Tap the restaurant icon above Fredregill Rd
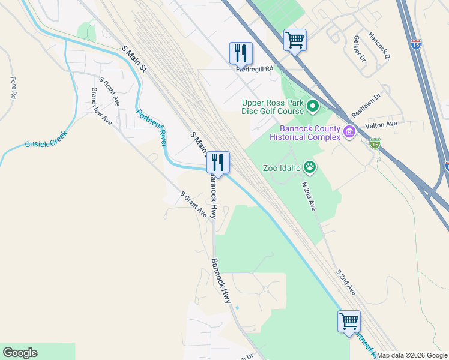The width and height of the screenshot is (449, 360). tap(241, 53)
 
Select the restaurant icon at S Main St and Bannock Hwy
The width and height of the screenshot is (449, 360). tap(218, 162)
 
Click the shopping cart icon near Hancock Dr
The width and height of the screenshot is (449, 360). tap(295, 40)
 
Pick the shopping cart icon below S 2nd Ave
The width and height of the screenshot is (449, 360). tap(349, 321)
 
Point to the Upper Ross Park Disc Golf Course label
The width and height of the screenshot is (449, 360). tap(273, 107)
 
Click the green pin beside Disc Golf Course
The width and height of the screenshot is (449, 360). tap(313, 107)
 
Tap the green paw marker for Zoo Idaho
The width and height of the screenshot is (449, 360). tap(310, 167)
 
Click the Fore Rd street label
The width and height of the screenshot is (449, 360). tap(13, 88)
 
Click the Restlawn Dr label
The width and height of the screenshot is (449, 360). tap(366, 105)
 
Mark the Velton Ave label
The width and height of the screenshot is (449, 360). tap(381, 124)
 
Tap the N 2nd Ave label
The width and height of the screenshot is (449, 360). tap(309, 196)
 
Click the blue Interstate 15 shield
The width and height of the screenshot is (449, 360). tap(416, 44)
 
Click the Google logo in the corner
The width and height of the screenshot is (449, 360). tap(20, 353)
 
